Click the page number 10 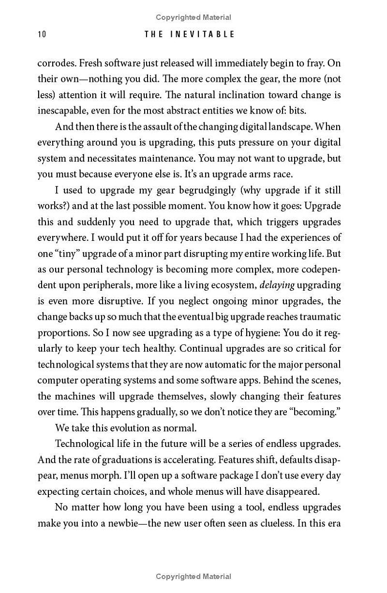click(41, 34)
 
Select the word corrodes click(56, 63)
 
